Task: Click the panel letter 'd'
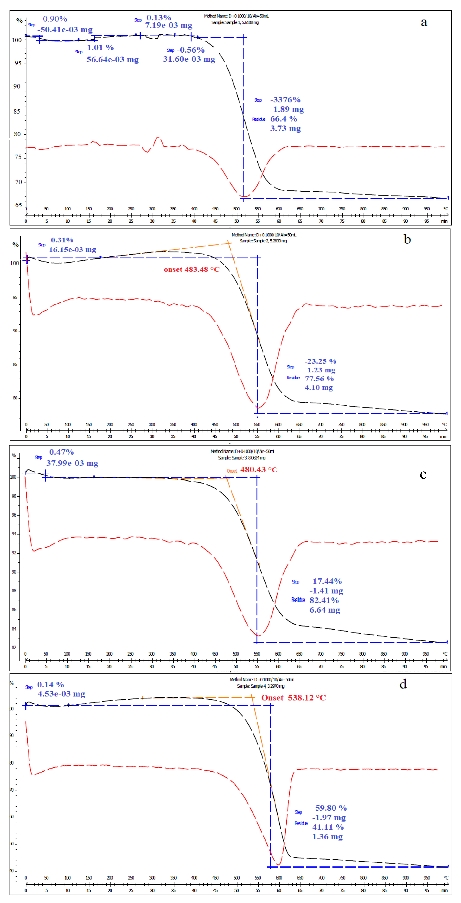(x=403, y=684)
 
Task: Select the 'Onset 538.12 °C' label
(x=293, y=698)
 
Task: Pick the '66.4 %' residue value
(x=283, y=119)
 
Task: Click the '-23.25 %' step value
(x=320, y=361)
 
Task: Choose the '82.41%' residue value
(x=324, y=600)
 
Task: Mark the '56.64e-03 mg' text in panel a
(x=113, y=60)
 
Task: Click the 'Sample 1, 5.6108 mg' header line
(x=235, y=22)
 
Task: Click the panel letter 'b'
(x=407, y=239)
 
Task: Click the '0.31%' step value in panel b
(x=62, y=240)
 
